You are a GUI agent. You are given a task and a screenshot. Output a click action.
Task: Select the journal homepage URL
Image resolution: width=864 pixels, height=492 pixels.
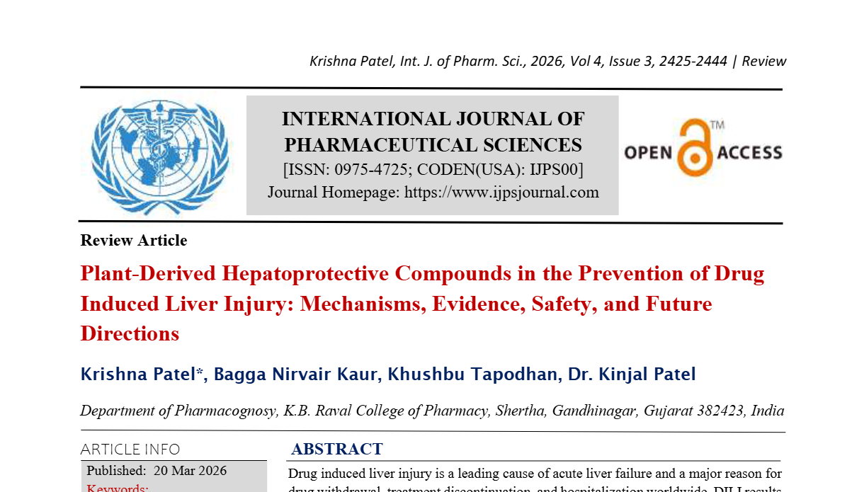pyautogui.click(x=501, y=193)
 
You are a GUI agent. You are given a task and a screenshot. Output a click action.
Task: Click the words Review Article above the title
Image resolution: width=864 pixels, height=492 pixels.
pyautogui.click(x=134, y=241)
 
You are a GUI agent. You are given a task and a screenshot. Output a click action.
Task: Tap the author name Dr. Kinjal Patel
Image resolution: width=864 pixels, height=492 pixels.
pyautogui.click(x=632, y=374)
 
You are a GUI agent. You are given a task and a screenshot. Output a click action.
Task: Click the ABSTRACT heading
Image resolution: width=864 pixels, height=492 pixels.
pyautogui.click(x=337, y=450)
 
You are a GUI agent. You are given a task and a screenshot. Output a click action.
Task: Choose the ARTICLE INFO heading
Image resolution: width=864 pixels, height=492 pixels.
pyautogui.click(x=130, y=450)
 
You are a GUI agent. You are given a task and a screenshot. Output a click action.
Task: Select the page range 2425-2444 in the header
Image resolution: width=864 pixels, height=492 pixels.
pyautogui.click(x=693, y=62)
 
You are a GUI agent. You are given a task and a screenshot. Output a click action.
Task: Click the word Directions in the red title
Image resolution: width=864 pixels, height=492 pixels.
pyautogui.click(x=130, y=333)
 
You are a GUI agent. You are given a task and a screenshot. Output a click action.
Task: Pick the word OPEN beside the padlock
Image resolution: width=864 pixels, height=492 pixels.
pyautogui.click(x=647, y=153)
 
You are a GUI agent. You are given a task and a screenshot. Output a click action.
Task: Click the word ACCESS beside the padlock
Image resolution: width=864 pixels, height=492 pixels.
pyautogui.click(x=749, y=153)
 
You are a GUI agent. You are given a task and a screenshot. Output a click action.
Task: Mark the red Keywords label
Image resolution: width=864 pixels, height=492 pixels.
pyautogui.click(x=117, y=488)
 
